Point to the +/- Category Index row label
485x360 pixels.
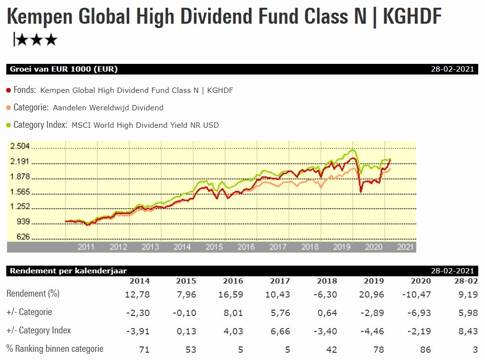coord(39,331)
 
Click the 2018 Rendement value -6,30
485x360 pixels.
coord(326,294)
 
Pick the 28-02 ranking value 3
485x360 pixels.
coord(471,349)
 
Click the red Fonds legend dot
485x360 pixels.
coord(9,90)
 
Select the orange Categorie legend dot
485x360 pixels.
coord(9,108)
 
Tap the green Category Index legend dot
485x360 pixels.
coord(9,125)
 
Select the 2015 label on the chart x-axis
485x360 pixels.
coord(214,247)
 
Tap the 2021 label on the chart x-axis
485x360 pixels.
coord(406,247)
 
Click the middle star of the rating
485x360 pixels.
coord(36,40)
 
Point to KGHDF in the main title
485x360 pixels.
coord(412,17)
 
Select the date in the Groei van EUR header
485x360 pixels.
coord(453,69)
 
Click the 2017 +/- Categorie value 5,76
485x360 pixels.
coord(280,313)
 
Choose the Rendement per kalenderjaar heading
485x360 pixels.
coord(68,271)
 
